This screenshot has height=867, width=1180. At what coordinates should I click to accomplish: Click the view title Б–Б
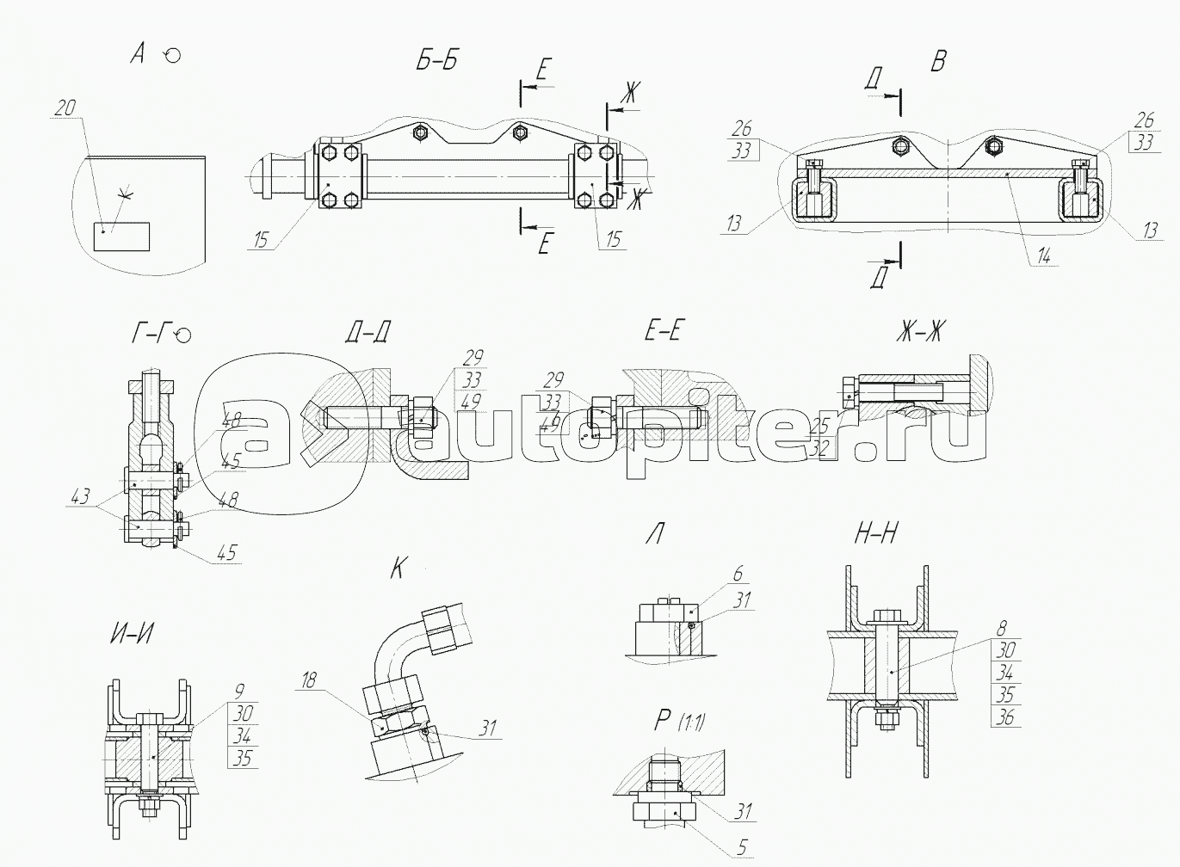click(x=436, y=61)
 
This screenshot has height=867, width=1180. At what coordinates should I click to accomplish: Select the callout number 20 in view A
click(x=65, y=108)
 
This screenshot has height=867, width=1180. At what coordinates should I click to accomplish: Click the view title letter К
click(x=397, y=569)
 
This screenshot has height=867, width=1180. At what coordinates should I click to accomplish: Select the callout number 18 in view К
click(x=309, y=681)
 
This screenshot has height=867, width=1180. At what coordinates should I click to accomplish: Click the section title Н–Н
click(x=875, y=535)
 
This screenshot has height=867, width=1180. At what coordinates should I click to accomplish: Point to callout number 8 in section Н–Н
click(x=1002, y=629)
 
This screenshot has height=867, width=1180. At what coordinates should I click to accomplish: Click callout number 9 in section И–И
click(x=240, y=690)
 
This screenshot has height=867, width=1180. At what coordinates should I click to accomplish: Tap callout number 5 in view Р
click(x=742, y=847)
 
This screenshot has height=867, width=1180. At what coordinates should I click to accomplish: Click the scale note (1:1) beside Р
click(x=692, y=723)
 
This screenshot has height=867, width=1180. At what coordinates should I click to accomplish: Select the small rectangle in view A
click(x=121, y=236)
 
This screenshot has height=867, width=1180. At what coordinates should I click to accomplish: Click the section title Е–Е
click(x=663, y=330)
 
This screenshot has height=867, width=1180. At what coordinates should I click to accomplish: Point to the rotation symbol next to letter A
click(x=172, y=56)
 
